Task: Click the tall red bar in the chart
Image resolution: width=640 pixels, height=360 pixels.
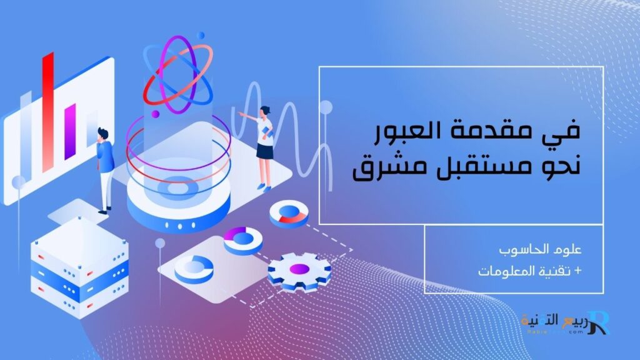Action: point(47,112)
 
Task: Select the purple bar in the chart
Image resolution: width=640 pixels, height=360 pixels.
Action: point(70,131)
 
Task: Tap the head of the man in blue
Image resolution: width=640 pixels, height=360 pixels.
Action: point(102,133)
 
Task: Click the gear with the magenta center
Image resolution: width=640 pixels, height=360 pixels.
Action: point(299,270)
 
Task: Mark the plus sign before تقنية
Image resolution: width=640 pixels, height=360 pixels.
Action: point(577,272)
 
